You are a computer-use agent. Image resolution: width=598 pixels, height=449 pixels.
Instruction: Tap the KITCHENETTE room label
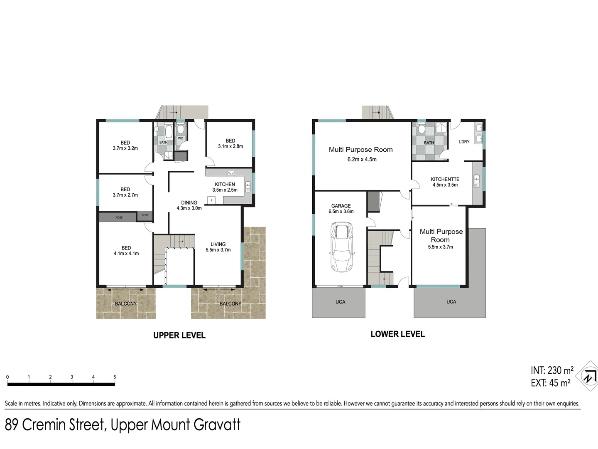click(x=445, y=179)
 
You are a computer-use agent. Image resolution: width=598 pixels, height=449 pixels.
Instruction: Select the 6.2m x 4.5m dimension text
click(x=362, y=159)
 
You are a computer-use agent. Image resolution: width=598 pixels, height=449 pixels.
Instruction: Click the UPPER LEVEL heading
click(x=179, y=335)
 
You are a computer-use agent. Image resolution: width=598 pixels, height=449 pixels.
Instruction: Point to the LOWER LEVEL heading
click(x=397, y=334)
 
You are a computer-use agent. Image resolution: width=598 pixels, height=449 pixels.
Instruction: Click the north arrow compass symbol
click(x=589, y=377)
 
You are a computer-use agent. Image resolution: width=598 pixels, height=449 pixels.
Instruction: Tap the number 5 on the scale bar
click(x=115, y=377)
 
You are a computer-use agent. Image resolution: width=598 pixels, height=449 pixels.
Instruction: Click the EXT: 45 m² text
click(x=550, y=383)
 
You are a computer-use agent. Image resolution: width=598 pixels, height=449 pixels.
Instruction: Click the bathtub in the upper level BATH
click(x=168, y=132)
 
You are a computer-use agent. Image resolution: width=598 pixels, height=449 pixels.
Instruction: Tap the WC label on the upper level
click(x=180, y=138)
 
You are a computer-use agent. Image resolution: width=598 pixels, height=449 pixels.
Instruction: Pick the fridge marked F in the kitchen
click(x=211, y=200)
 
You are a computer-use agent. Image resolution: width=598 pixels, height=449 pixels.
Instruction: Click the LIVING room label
click(x=218, y=244)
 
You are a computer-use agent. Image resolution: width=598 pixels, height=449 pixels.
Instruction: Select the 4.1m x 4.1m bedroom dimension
click(x=126, y=253)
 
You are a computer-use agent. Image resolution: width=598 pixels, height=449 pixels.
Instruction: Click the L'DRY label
click(x=464, y=142)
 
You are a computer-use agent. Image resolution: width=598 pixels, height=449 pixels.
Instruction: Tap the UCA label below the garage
click(x=340, y=302)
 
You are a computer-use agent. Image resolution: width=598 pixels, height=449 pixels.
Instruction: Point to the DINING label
click(x=189, y=202)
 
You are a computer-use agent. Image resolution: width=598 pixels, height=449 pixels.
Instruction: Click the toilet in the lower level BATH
click(x=422, y=129)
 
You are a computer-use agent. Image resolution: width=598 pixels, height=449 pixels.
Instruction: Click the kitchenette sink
click(x=477, y=180)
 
